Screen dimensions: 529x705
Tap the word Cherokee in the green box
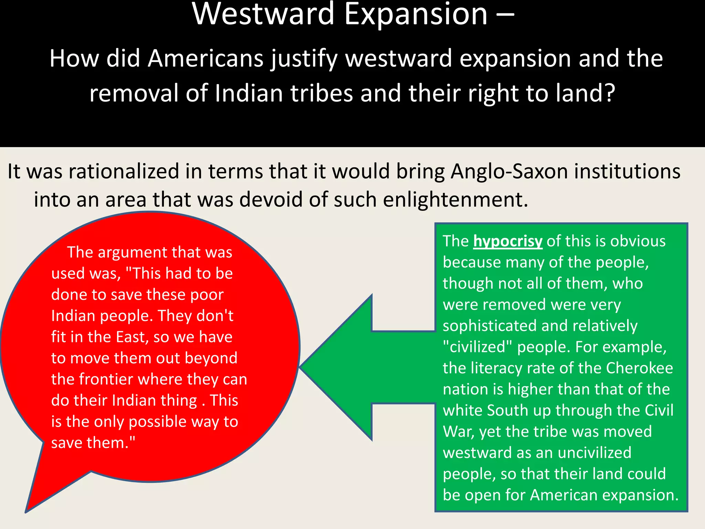pyautogui.click(x=639, y=368)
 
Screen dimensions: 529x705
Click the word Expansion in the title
pyautogui.click(x=416, y=14)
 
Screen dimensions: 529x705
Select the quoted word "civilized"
pyautogui.click(x=477, y=347)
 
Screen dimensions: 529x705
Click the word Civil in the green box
pyautogui.click(x=659, y=410)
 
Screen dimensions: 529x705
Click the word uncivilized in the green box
pyautogui.click(x=594, y=453)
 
